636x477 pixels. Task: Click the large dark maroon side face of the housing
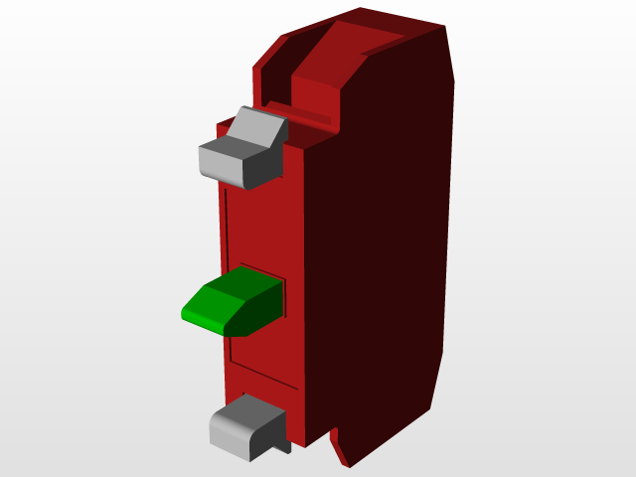(x=388, y=248)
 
